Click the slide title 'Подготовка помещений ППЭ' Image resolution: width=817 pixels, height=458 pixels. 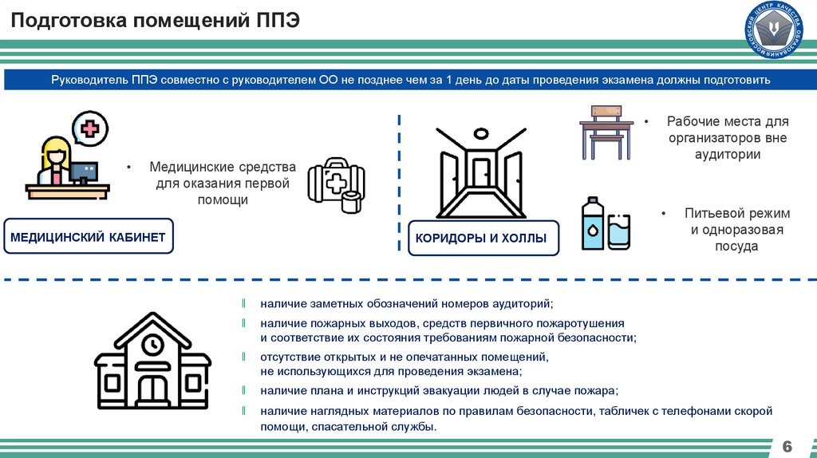tap(156, 20)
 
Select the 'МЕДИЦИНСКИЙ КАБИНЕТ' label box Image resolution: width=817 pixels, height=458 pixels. tap(88, 237)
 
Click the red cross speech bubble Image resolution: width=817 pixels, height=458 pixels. tap(90, 128)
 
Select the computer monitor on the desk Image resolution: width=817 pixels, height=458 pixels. tap(83, 171)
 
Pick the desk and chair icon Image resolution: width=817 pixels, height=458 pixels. tap(606, 132)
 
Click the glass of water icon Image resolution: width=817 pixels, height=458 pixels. tap(618, 231)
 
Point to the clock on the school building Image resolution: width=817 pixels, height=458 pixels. tap(152, 344)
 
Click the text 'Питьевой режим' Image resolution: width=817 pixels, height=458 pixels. tap(736, 214)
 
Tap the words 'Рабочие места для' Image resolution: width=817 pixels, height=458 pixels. tap(727, 122)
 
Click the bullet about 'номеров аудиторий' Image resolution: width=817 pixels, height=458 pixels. tap(405, 304)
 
